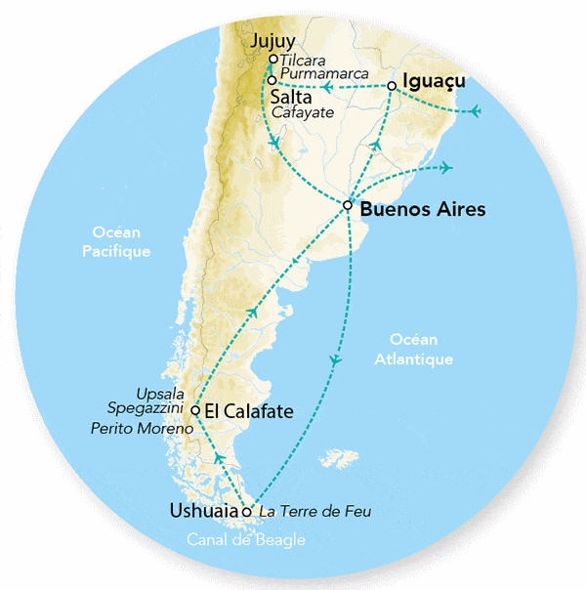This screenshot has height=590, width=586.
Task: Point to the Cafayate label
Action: pos(305,112)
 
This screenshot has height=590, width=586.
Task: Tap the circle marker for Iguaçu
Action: pos(391,86)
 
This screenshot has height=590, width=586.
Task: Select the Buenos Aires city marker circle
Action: pos(348,205)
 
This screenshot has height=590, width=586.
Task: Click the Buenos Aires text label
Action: pos(422,209)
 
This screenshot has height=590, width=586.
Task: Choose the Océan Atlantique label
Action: pos(413,349)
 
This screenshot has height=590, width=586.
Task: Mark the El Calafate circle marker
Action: pos(195,410)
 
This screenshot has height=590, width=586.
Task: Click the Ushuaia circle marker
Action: pos(247,511)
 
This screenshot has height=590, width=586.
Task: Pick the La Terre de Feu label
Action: pos(315,511)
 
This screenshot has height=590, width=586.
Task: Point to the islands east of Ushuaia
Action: pos(336,457)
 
